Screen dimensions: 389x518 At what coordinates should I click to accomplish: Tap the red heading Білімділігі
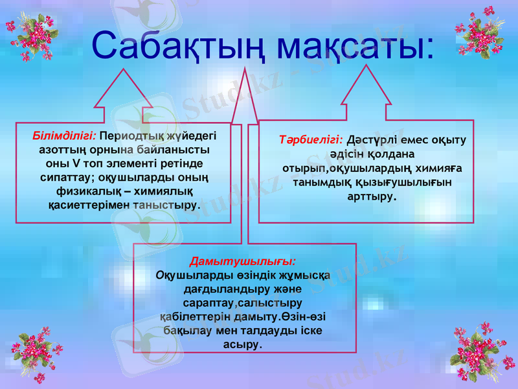[x=64, y=137]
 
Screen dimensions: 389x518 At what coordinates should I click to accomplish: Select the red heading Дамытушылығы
[x=243, y=261]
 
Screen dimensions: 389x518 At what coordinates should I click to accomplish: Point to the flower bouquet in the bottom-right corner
[x=478, y=355]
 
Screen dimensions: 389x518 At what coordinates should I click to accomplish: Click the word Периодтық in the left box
[x=127, y=137]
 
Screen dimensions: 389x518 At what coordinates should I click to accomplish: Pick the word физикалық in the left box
[x=88, y=193]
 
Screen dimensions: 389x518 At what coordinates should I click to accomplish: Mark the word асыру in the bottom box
[x=243, y=345]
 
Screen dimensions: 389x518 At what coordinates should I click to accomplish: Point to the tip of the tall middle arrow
[x=245, y=69]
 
